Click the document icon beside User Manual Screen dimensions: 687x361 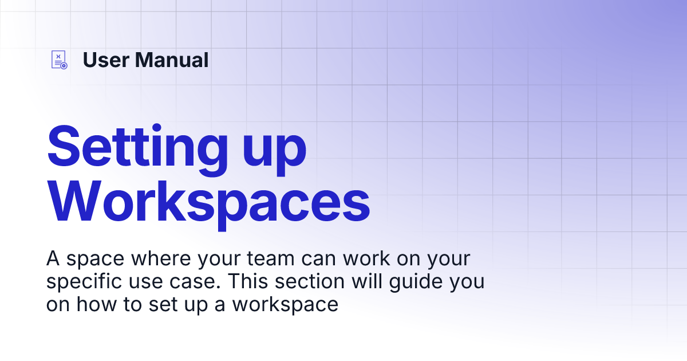59,60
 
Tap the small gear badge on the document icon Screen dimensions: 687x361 64,66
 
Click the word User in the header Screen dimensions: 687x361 106,60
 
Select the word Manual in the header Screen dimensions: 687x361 172,60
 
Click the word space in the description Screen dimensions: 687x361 96,260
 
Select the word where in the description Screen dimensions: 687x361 161,258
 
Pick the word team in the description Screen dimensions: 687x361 270,259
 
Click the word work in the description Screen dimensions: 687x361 366,258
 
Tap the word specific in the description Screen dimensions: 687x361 84,282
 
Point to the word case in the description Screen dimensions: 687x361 195,282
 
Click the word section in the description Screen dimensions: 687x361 310,281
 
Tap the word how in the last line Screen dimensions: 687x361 97,304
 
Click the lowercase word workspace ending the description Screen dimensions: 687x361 285,305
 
